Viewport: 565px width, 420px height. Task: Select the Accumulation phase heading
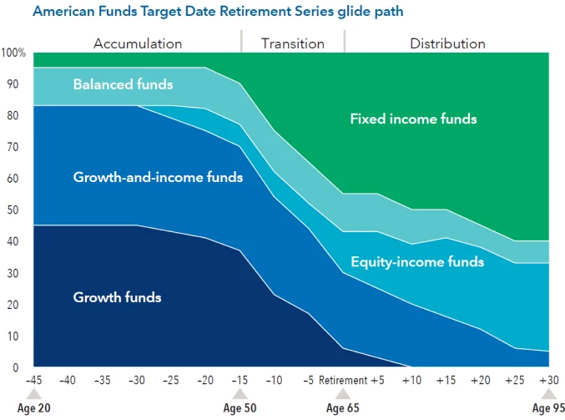coord(138,43)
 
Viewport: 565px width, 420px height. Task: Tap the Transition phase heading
coord(292,43)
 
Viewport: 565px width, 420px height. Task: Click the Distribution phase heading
coord(447,43)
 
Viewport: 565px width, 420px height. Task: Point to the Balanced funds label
coord(123,84)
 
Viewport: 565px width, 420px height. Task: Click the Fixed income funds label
coord(413,119)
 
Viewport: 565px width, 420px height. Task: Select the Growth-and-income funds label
coord(158,177)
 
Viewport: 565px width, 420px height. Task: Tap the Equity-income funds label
coord(417,262)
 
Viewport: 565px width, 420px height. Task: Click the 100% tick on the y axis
coord(14,53)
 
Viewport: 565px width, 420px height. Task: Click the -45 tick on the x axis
coord(33,381)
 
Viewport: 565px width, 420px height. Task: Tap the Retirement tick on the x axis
coord(342,381)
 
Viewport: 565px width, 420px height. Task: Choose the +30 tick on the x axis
coord(548,381)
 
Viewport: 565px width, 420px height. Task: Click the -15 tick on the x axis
coord(239,381)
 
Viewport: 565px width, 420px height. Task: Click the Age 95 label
coord(548,409)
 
